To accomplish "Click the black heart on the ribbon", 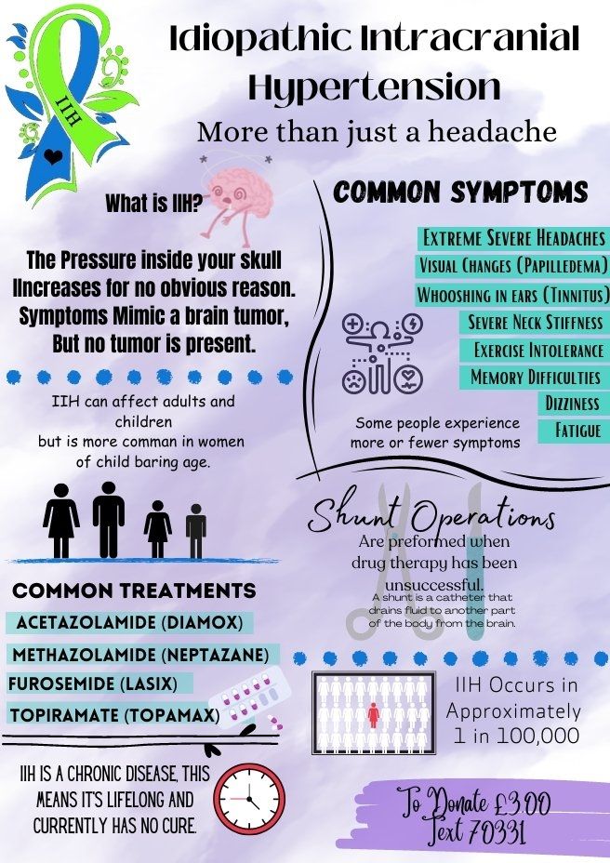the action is pyautogui.click(x=53, y=157).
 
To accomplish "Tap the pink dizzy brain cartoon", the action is pyautogui.click(x=238, y=200).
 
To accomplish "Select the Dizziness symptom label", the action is pyautogui.click(x=573, y=404).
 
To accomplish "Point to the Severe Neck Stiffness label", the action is pyautogui.click(x=535, y=322).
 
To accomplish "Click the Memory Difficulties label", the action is pyautogui.click(x=535, y=377).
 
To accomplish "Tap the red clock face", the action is pyautogui.click(x=249, y=801).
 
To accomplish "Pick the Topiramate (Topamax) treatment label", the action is pyautogui.click(x=114, y=715).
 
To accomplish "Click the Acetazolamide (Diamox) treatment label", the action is pyautogui.click(x=129, y=622).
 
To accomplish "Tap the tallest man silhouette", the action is pyautogui.click(x=109, y=520).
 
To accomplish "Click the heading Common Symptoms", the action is pyautogui.click(x=461, y=193).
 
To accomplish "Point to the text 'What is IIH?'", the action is pyautogui.click(x=154, y=204).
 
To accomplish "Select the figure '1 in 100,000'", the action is pyautogui.click(x=516, y=736).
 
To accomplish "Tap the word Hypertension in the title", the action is pyautogui.click(x=374, y=87).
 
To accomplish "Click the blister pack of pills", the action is pyautogui.click(x=249, y=698).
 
